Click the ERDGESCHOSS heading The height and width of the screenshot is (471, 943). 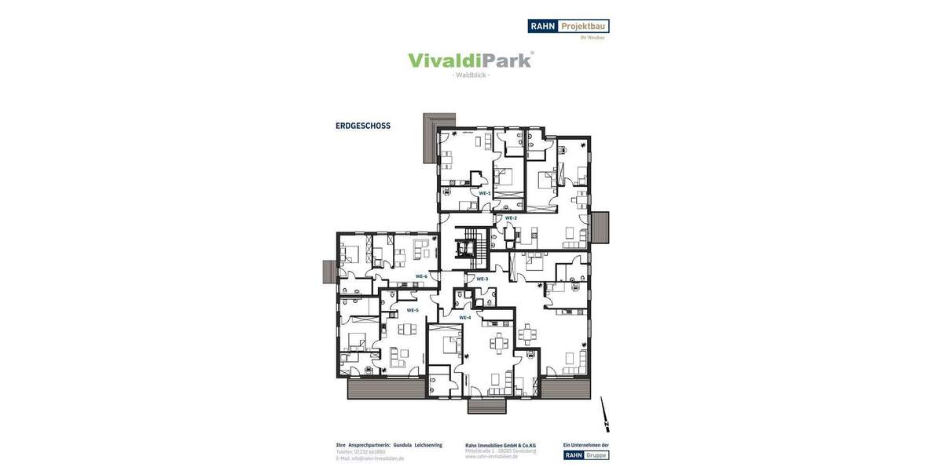tap(363, 126)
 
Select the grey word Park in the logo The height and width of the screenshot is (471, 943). tap(504, 60)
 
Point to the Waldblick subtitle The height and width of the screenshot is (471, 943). tap(472, 75)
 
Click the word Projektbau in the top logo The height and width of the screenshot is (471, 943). tap(583, 26)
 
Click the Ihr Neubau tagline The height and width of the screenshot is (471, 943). tap(593, 37)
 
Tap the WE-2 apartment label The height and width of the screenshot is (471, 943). tap(511, 217)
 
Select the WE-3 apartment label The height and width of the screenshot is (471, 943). tap(482, 279)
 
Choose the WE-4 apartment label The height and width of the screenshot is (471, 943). tap(464, 317)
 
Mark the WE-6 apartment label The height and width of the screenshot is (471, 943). tap(421, 276)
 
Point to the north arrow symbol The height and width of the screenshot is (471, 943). tap(604, 414)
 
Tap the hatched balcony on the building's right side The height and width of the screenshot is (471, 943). tap(600, 228)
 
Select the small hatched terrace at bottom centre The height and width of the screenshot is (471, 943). tap(487, 406)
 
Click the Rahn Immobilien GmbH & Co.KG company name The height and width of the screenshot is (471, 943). tap(501, 445)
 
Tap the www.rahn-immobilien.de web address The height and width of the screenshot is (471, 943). tap(492, 458)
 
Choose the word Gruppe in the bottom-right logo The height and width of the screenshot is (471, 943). tap(596, 455)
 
